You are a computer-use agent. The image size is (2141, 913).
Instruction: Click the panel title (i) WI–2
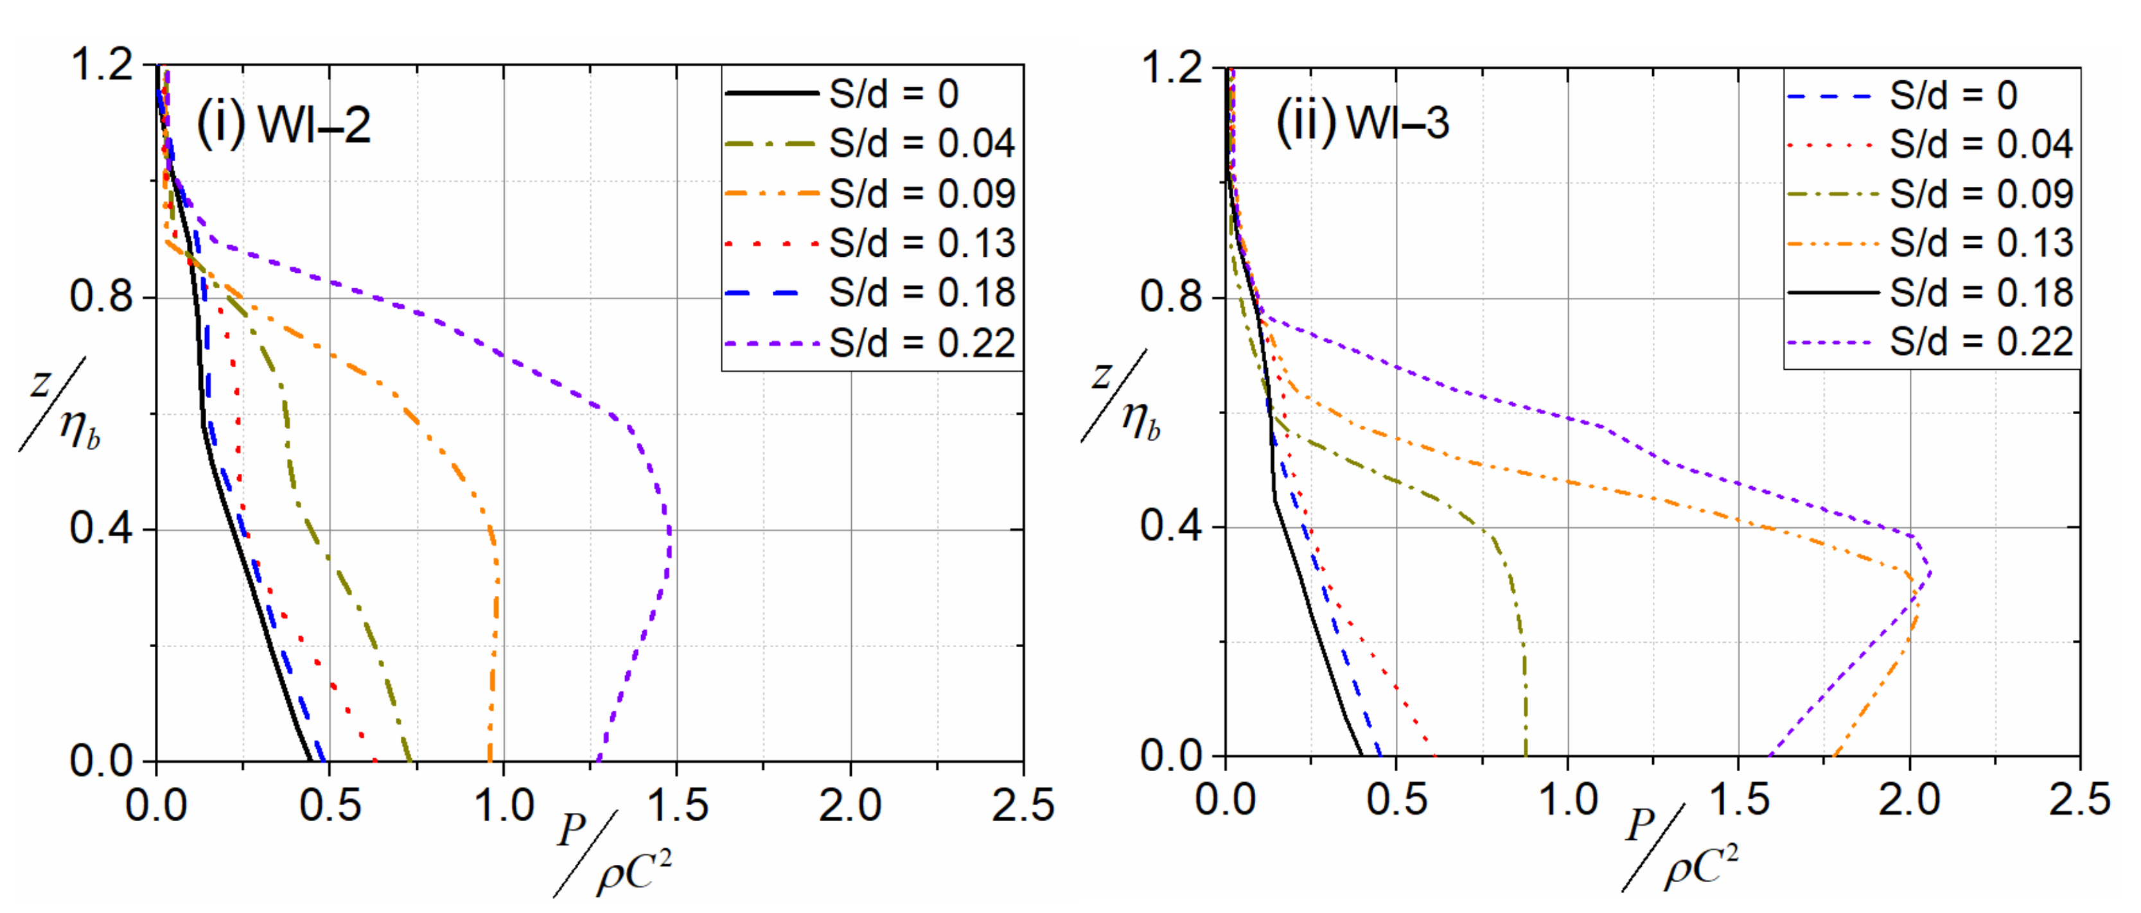point(283,125)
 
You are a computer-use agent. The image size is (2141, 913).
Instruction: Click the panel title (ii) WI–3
point(1363,122)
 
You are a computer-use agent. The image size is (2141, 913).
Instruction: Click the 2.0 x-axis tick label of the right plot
point(1909,799)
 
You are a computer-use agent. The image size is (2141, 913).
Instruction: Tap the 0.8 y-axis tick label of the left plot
point(101,296)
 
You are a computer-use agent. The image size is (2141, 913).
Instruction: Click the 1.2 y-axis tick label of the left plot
point(101,64)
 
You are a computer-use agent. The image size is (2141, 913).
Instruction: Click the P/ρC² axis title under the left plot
point(613,854)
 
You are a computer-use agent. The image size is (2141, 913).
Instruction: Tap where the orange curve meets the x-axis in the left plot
point(489,760)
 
